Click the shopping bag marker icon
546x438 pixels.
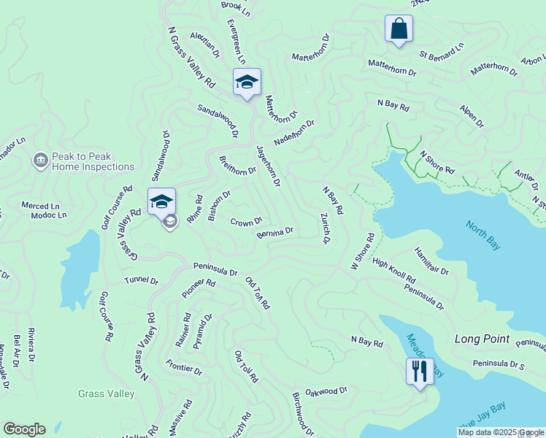[x=399, y=29]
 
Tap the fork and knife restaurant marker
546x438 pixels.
[x=420, y=371]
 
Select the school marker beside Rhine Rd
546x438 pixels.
[x=161, y=201]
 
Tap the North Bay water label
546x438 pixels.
[x=482, y=235]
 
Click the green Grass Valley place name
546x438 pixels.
[x=107, y=394]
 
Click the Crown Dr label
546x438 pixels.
[x=246, y=222]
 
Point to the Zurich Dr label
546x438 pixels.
[x=324, y=228]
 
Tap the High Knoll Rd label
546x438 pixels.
[x=393, y=270]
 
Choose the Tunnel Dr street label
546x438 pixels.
[x=141, y=280]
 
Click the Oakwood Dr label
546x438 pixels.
[x=326, y=391]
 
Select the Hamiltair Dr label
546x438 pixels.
[x=432, y=261]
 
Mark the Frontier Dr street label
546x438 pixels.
[x=183, y=366]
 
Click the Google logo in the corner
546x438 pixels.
[x=24, y=429]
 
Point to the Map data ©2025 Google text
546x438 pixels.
[x=500, y=433]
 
